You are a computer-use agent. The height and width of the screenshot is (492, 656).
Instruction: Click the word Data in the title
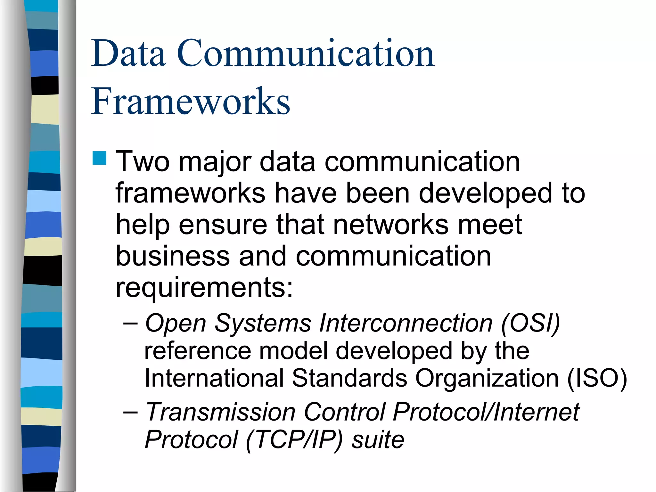pyautogui.click(x=129, y=53)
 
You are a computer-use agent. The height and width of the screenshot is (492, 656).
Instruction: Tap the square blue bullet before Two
pyautogui.click(x=99, y=158)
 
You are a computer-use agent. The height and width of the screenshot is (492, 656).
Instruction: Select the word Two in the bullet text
pyautogui.click(x=143, y=162)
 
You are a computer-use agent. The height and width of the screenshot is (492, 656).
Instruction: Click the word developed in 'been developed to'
pyautogui.click(x=486, y=193)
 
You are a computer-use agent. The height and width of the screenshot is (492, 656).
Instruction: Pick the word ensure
pyautogui.click(x=223, y=225)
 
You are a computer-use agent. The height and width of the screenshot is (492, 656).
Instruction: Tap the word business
pyautogui.click(x=173, y=256)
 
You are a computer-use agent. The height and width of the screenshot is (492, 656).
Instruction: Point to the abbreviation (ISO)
pyautogui.click(x=597, y=379)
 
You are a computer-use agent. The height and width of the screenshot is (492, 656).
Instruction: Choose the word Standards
pyautogui.click(x=349, y=379)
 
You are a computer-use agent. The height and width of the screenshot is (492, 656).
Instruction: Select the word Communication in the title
pyautogui.click(x=306, y=53)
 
